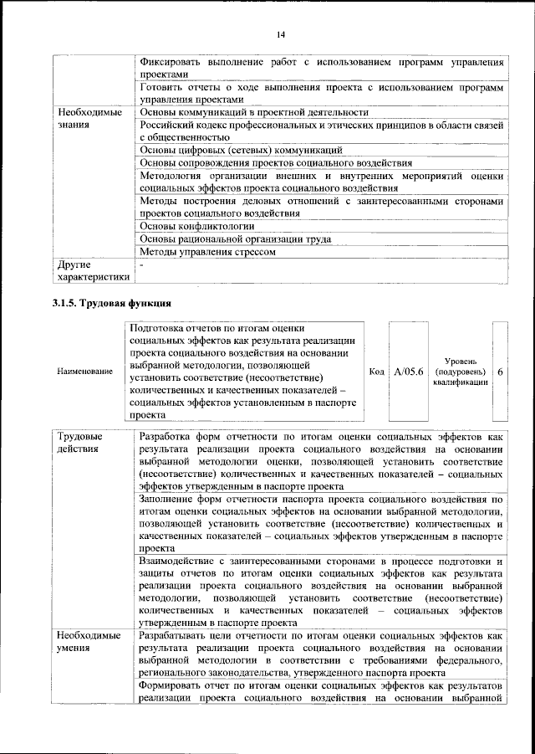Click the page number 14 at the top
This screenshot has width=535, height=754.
(x=281, y=33)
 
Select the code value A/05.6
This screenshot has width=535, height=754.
(x=409, y=371)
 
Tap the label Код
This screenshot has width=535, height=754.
(x=376, y=371)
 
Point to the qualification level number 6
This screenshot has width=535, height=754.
(x=500, y=371)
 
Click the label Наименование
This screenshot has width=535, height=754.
(x=85, y=371)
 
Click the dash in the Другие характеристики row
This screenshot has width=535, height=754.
(x=142, y=264)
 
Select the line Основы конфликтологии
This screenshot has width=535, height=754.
(x=197, y=226)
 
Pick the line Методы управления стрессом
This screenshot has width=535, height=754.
(x=207, y=251)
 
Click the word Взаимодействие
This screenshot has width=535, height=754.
(x=181, y=561)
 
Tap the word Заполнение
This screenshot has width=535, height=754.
(x=170, y=500)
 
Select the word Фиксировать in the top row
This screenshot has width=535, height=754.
(x=172, y=62)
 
